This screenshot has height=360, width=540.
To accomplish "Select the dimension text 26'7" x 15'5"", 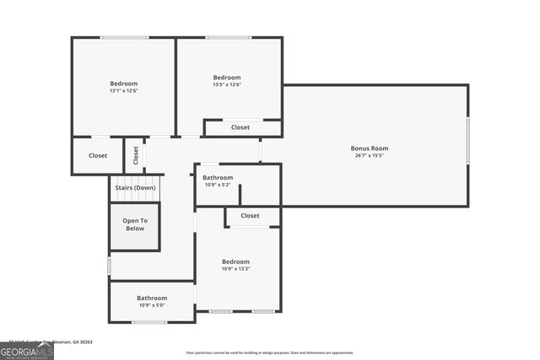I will point(370,155).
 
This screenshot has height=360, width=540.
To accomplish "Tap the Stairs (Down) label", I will point(135,188).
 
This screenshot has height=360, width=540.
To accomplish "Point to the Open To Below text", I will point(135,224).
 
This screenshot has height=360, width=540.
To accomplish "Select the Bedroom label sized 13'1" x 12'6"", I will point(123,83).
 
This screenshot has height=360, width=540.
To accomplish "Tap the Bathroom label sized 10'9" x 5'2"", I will point(218,178).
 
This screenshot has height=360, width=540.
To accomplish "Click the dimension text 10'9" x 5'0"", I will point(152,304).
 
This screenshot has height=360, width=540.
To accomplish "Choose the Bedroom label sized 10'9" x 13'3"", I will point(235,261).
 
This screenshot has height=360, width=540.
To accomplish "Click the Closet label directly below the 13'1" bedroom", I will point(98,155).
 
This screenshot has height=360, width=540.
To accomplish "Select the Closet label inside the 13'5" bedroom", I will point(240,127).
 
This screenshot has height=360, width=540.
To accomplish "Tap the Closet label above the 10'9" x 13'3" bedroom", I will point(250,216).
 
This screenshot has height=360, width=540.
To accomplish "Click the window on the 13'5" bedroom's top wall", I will point(228,37).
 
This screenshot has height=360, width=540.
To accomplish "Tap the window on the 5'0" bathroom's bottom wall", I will point(149,322).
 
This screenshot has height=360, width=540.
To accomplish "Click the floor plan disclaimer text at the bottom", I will point(270,352).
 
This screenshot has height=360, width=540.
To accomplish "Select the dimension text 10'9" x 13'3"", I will point(235,268).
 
